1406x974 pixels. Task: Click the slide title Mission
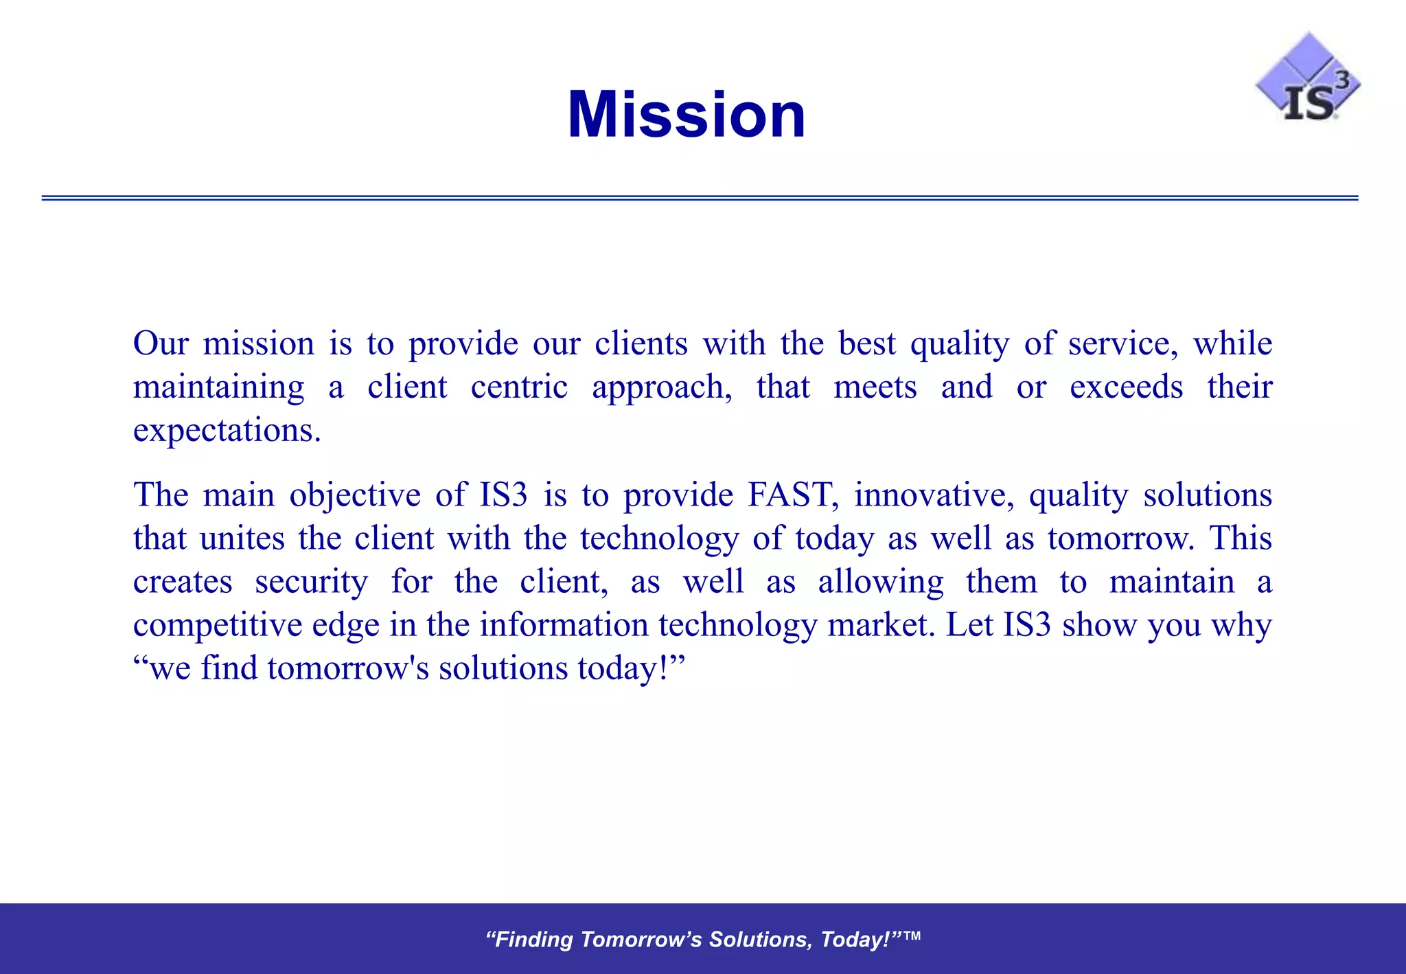coord(687,115)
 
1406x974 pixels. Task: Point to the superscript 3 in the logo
coord(1341,80)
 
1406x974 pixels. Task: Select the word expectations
coord(227,431)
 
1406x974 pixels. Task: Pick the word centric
coord(519,387)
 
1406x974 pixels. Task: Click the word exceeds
coord(1126,387)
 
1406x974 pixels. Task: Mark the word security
coord(311,582)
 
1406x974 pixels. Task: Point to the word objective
coord(355,495)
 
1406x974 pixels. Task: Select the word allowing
coord(881,582)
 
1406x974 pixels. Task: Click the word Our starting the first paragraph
coord(161,343)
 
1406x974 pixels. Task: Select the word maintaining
coord(219,387)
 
